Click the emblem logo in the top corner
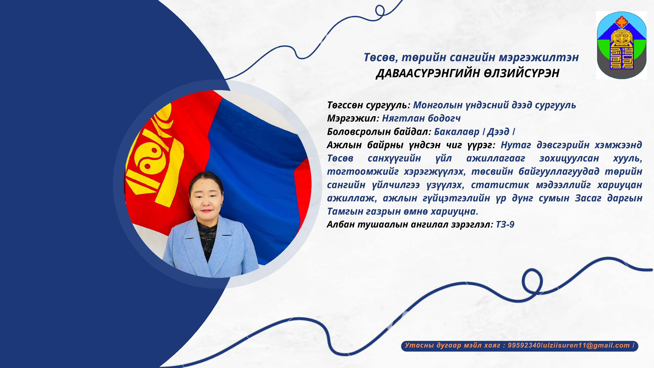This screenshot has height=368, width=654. [621, 45]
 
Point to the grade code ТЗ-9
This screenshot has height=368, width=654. [505, 225]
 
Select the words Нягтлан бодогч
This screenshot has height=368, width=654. [421, 118]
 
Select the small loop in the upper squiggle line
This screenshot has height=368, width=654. [380, 11]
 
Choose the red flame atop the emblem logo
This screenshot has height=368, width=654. [621, 21]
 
